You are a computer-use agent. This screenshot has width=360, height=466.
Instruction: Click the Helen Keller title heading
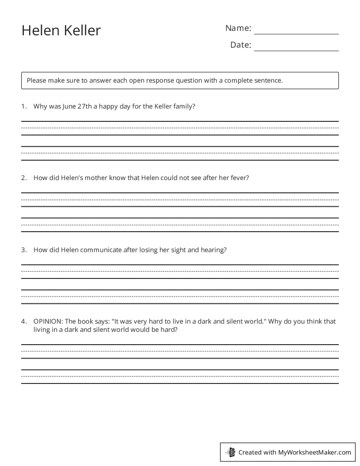pyautogui.click(x=61, y=30)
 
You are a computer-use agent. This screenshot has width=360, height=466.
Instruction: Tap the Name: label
pyautogui.click(x=238, y=28)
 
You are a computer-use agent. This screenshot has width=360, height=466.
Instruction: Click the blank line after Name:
pyautogui.click(x=296, y=31)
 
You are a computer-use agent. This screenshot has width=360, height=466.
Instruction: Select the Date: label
pyautogui.click(x=240, y=45)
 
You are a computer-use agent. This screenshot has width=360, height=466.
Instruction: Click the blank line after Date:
pyautogui.click(x=296, y=48)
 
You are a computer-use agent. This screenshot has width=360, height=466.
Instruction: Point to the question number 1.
pyautogui.click(x=23, y=106)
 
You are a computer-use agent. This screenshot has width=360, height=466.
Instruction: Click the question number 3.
pyautogui.click(x=23, y=250)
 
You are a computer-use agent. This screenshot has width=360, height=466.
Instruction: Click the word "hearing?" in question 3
pyautogui.click(x=214, y=250)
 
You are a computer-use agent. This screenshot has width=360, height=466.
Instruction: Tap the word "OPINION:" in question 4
pyautogui.click(x=48, y=321)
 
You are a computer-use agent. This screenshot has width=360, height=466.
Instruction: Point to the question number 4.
pyautogui.click(x=23, y=321)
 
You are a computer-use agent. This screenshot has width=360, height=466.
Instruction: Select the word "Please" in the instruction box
pyautogui.click(x=36, y=81)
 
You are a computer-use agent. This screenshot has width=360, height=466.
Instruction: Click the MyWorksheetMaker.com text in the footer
pyautogui.click(x=315, y=452)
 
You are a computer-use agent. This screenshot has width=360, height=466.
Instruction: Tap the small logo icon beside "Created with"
pyautogui.click(x=231, y=452)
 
